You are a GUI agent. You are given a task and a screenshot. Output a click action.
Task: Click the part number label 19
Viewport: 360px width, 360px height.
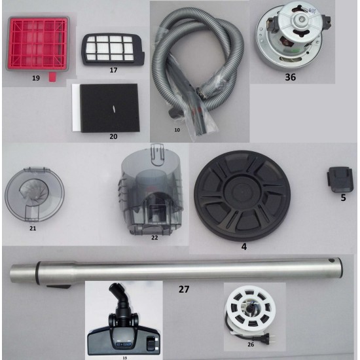(36, 79)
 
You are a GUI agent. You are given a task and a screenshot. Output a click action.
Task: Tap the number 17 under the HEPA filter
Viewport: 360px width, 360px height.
(113, 70)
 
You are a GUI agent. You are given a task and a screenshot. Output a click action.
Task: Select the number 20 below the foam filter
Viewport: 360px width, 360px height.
(113, 137)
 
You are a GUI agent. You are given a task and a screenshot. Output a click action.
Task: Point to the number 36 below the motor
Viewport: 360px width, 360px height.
(290, 77)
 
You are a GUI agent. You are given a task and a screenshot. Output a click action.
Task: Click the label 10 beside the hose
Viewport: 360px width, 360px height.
(177, 130)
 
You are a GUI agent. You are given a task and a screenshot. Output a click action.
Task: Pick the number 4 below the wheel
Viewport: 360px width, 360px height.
(244, 247)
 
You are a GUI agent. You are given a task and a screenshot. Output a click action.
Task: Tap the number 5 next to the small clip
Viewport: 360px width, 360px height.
(343, 198)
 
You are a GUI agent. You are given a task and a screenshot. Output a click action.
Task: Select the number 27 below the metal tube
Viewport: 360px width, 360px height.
(184, 289)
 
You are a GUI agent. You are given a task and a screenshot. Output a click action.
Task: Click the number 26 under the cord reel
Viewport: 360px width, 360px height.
(251, 344)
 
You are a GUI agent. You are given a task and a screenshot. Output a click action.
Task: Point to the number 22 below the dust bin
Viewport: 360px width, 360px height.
(154, 238)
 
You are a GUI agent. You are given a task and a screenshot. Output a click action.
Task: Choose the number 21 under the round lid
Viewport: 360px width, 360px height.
(33, 228)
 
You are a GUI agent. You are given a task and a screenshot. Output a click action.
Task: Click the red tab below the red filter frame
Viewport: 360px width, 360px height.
(52, 77)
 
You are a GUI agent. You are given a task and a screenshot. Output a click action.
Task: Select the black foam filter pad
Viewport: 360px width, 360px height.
(110, 108)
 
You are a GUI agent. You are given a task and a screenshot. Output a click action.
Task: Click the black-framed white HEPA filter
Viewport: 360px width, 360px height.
(113, 50)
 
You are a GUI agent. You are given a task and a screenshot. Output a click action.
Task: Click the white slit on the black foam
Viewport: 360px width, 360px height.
(113, 109)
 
